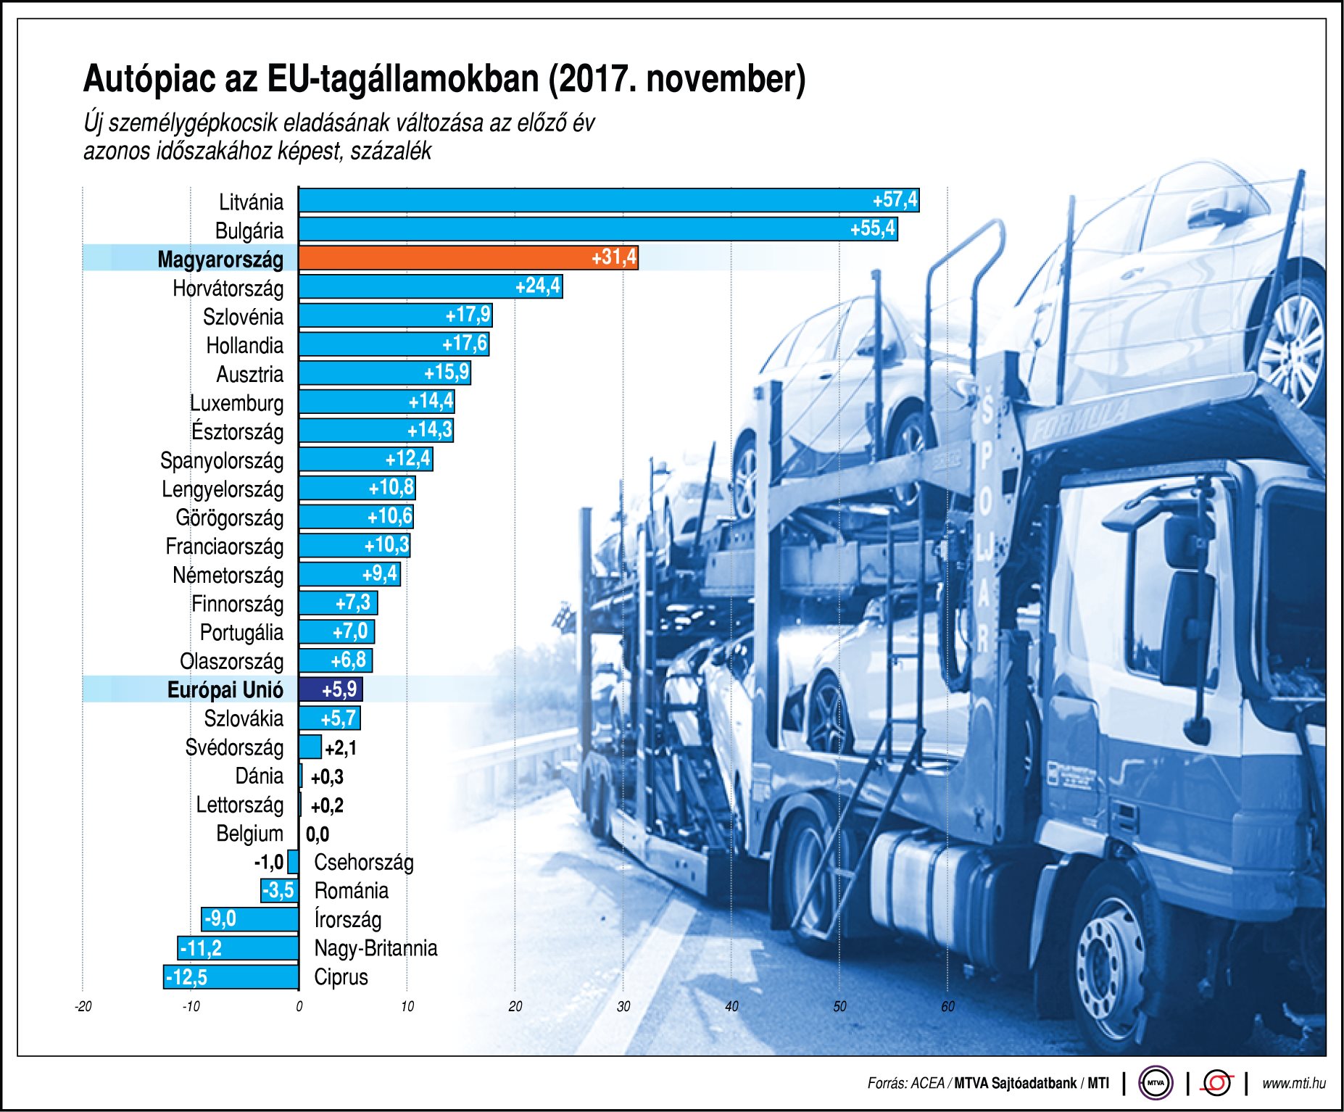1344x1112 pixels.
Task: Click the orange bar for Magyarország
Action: pyautogui.click(x=468, y=258)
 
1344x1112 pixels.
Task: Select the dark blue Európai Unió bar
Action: pyautogui.click(x=331, y=689)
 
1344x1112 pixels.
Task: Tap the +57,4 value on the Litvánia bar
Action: pyautogui.click(x=895, y=200)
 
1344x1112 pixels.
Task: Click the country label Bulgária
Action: pyautogui.click(x=249, y=231)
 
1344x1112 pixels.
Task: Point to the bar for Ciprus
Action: pyautogui.click(x=231, y=977)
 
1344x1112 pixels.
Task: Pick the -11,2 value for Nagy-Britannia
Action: pyautogui.click(x=202, y=948)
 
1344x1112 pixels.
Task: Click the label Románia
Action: pyautogui.click(x=351, y=891)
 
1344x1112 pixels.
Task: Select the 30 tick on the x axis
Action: pyautogui.click(x=623, y=1006)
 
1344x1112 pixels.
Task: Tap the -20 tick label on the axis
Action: pyautogui.click(x=83, y=1006)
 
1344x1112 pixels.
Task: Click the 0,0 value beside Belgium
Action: pyautogui.click(x=317, y=834)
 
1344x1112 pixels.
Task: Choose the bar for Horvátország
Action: pyautogui.click(x=430, y=287)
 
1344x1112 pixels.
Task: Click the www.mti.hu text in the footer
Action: pyautogui.click(x=1293, y=1083)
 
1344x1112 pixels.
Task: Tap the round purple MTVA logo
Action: pyautogui.click(x=1156, y=1084)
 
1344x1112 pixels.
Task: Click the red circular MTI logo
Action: pyautogui.click(x=1217, y=1084)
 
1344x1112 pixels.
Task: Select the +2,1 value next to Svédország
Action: pyautogui.click(x=340, y=748)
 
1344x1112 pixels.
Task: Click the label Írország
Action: pyautogui.click(x=347, y=920)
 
